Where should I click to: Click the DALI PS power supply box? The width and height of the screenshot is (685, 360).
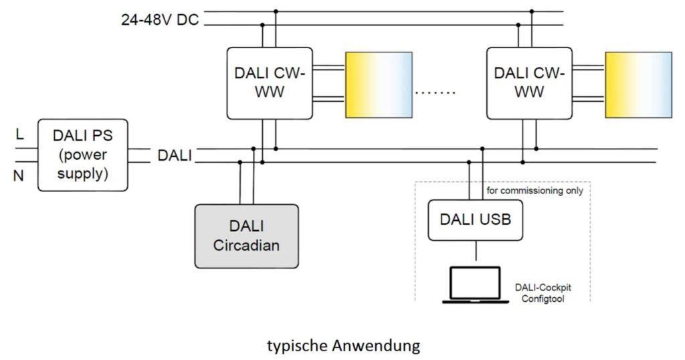pyautogui.click(x=83, y=155)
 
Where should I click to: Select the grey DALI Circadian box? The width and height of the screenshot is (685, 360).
pyautogui.click(x=246, y=236)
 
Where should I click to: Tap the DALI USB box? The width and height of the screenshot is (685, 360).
pyautogui.click(x=476, y=219)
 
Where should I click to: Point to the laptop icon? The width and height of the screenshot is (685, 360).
pyautogui.click(x=475, y=284)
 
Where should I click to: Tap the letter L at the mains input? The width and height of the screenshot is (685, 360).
pyautogui.click(x=19, y=136)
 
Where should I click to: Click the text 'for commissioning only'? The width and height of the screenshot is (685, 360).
pyautogui.click(x=535, y=190)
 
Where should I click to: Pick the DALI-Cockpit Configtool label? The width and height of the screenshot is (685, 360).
pyautogui.click(x=543, y=292)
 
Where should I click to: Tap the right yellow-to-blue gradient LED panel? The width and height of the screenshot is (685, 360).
pyautogui.click(x=638, y=84)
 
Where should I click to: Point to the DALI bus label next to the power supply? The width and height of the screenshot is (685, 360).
pyautogui.click(x=175, y=156)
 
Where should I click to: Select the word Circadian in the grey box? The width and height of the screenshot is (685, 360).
pyautogui.click(x=246, y=245)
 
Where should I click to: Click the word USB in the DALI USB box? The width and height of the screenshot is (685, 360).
pyautogui.click(x=496, y=219)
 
